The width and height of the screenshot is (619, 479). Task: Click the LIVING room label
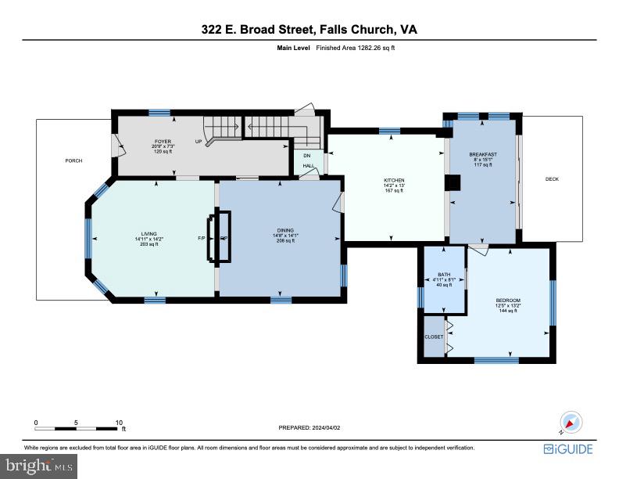point(148,234)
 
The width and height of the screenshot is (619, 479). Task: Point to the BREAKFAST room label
point(483,154)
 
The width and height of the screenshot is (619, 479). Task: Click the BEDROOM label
point(508,301)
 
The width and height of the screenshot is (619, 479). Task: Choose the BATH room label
point(444,275)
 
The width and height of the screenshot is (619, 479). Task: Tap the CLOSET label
point(434,337)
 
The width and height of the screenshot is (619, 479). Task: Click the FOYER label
point(163,142)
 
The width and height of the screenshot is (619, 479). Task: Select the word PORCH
point(73,160)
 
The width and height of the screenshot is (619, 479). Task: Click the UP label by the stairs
point(199,142)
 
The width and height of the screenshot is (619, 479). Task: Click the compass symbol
point(571,423)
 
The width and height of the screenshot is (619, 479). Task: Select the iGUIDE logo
point(568,449)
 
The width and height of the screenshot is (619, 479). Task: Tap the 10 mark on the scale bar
point(120,422)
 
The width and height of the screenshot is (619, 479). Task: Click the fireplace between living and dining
point(219,236)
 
